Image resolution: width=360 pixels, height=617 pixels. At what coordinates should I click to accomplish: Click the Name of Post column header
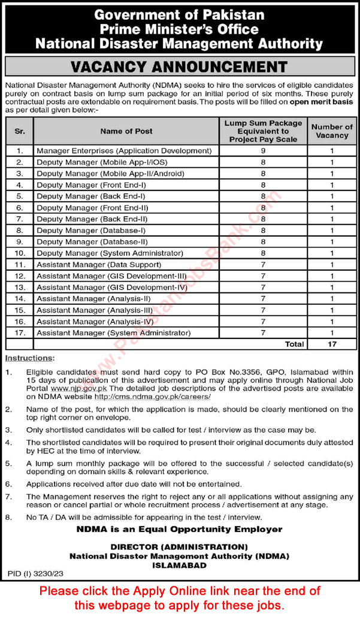click(126, 131)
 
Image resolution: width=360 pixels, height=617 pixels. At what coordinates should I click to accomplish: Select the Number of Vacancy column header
click(332, 131)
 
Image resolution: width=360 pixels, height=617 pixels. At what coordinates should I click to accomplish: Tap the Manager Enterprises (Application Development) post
click(124, 151)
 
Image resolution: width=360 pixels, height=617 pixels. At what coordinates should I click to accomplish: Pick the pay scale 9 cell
click(262, 151)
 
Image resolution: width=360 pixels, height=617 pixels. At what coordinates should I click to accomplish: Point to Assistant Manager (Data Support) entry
click(99, 264)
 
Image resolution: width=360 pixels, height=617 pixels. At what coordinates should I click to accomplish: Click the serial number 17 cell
click(19, 332)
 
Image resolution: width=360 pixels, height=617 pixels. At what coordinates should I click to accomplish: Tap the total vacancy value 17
click(332, 344)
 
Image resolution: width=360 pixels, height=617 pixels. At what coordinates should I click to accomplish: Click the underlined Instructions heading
click(29, 358)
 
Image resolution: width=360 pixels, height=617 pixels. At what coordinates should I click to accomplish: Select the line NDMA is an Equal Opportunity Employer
click(179, 529)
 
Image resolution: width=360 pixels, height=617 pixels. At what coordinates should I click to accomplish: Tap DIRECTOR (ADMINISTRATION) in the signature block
click(179, 547)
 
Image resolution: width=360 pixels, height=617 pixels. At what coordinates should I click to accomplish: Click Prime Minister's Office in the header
click(179, 29)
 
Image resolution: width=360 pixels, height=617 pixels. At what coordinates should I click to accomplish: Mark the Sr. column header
click(19, 131)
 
